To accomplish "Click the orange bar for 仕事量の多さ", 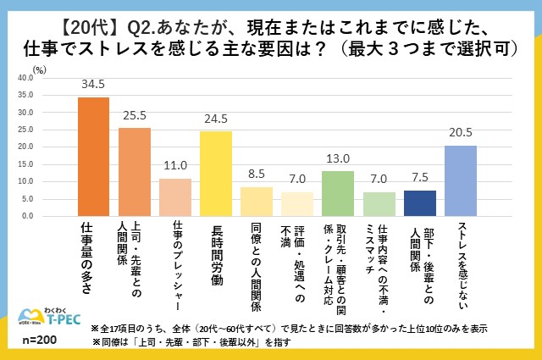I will click(93, 157).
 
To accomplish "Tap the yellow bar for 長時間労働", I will click(215, 174).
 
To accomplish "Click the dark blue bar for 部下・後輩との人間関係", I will click(419, 203).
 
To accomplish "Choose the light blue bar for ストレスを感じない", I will click(460, 180).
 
